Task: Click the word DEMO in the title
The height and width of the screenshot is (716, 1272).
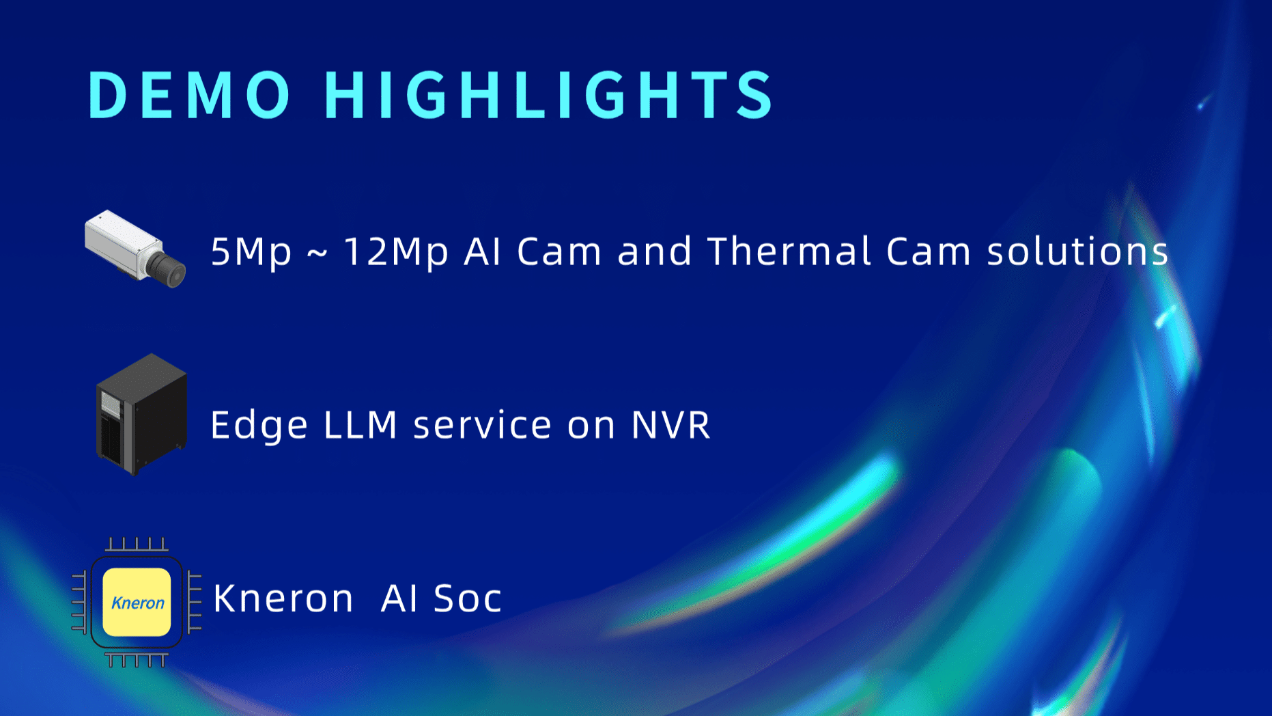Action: coord(190,95)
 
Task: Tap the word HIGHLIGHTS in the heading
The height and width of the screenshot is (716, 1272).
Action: coord(549,95)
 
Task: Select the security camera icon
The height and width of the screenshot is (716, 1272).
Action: coord(135,249)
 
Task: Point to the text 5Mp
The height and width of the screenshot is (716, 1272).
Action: coord(251,252)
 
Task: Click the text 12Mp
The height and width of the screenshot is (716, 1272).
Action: coord(396,252)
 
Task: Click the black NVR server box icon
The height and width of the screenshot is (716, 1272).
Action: coord(141,414)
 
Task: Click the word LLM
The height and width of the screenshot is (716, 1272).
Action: coord(361,424)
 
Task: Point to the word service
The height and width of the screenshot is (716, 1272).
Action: coord(482,425)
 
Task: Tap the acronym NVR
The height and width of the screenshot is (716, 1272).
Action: coord(671,424)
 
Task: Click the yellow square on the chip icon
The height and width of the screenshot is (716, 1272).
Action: coord(137,602)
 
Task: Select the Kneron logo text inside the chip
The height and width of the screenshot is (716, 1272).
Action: coord(138,603)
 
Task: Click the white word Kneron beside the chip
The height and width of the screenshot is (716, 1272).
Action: coord(283,598)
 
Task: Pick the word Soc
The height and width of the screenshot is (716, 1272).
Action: coord(468,598)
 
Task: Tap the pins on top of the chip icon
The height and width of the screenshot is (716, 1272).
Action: coord(137,544)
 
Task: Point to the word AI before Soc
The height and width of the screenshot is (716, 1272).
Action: coord(399,598)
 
